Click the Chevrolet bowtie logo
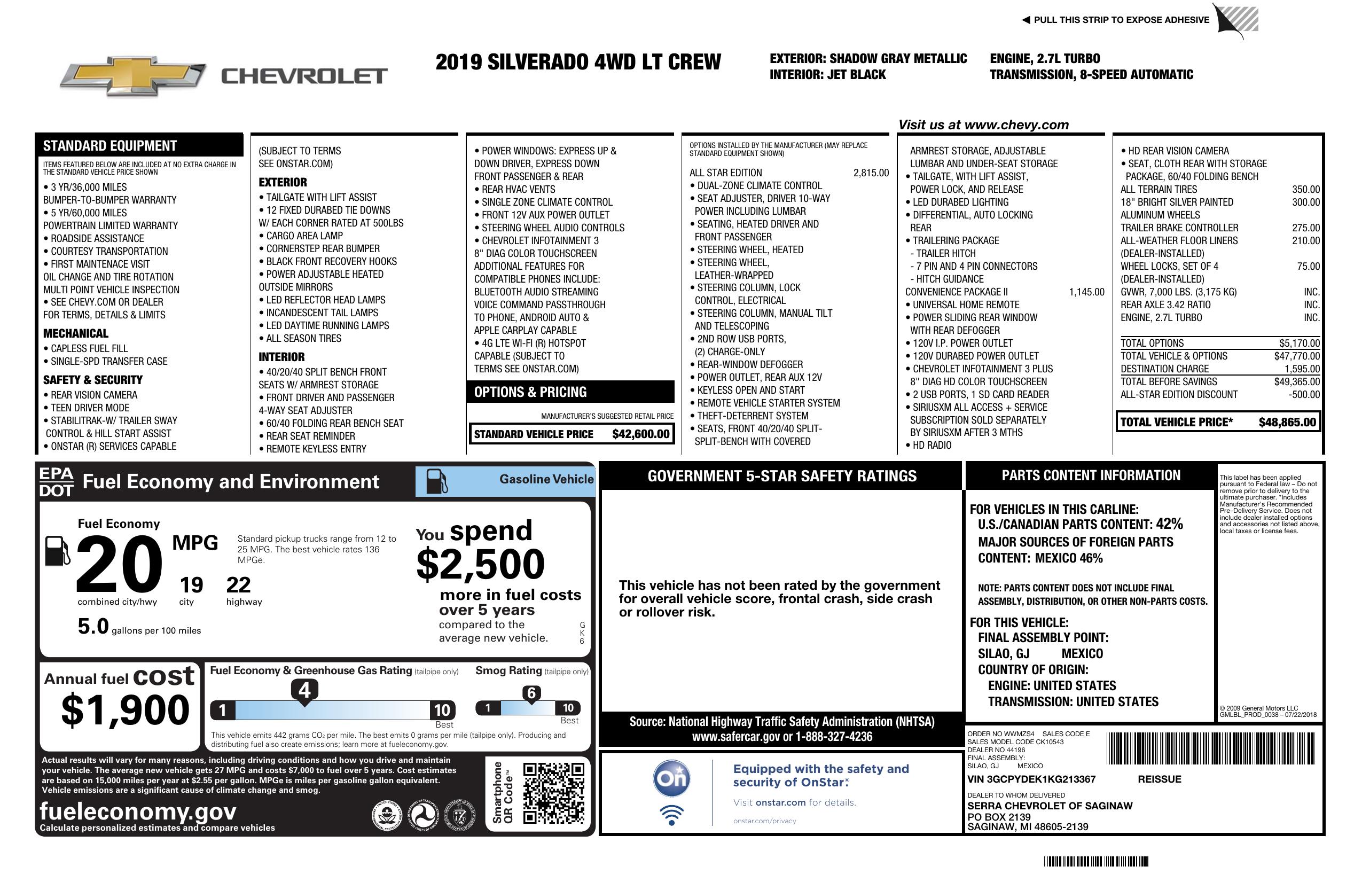tap(133, 75)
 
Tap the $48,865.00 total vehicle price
tap(1287, 423)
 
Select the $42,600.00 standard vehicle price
tap(640, 434)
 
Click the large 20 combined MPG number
tap(119, 564)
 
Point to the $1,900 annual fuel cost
tap(125, 710)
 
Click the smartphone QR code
tap(553, 793)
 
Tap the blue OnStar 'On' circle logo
tap(671, 778)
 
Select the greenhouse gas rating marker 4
tap(304, 690)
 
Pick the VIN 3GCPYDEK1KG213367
tap(1031, 779)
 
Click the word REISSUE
tap(1160, 779)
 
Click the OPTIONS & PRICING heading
tap(530, 392)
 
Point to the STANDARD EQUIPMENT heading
tap(110, 146)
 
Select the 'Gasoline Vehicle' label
tap(546, 479)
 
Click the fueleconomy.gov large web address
tap(137, 811)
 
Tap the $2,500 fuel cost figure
tap(480, 564)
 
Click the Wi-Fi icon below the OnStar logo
tap(671, 815)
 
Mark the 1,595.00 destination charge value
tap(1302, 369)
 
